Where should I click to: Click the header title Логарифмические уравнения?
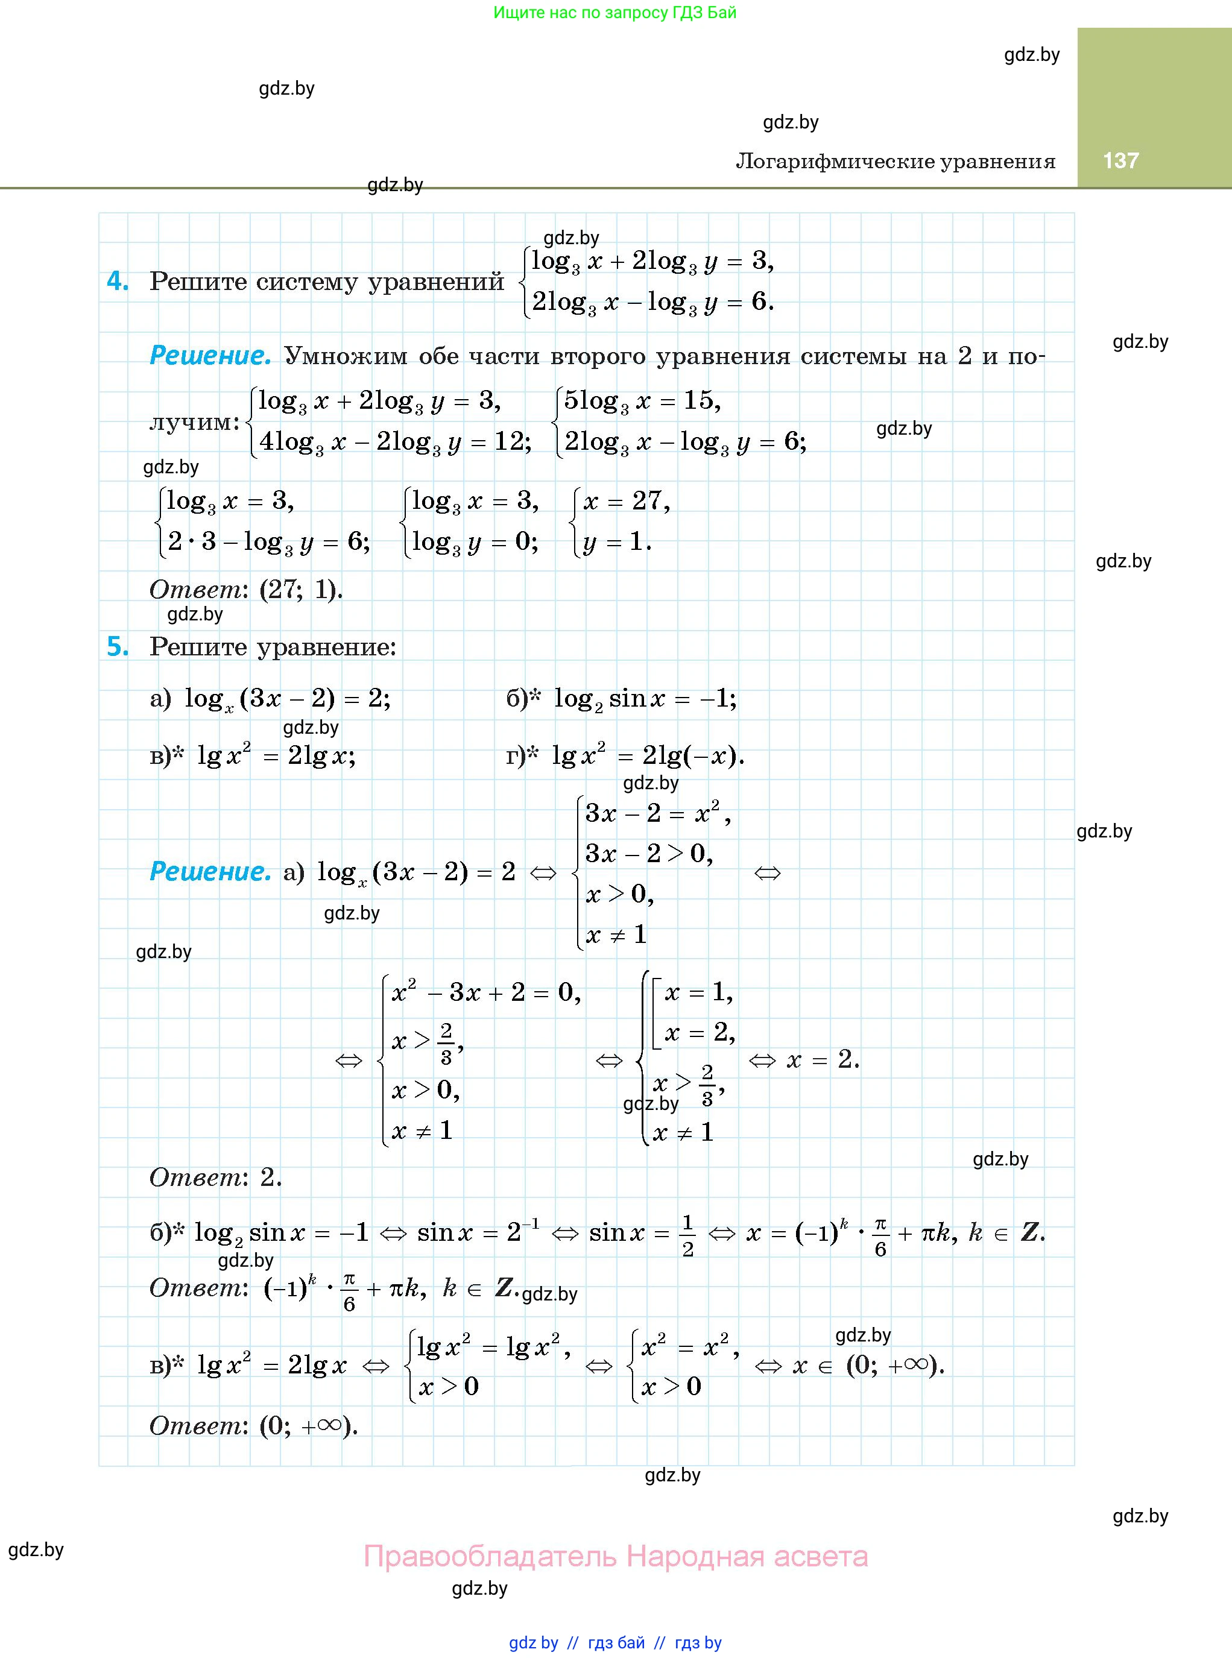895,162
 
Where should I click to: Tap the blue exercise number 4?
118,281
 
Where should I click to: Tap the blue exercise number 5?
118,646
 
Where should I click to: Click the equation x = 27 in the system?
627,501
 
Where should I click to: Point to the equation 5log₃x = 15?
642,402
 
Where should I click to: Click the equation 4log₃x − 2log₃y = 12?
394,442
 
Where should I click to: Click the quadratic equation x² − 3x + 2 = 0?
485,992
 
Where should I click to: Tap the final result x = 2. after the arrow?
823,1059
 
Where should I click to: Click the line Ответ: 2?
215,1177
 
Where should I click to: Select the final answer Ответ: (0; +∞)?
253,1425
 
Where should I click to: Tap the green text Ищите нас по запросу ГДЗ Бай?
614,13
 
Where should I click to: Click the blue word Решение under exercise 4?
210,356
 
